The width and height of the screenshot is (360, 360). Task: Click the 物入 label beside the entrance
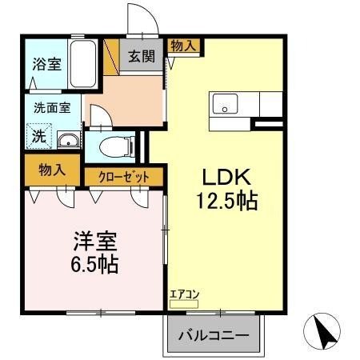pyautogui.click(x=183, y=46)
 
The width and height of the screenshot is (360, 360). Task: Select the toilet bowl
pyautogui.click(x=117, y=147)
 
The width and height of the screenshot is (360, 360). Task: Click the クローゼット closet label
pyautogui.click(x=123, y=177)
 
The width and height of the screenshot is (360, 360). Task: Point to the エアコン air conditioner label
pyautogui.click(x=183, y=294)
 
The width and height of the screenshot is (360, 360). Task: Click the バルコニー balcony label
pyautogui.click(x=213, y=334)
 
